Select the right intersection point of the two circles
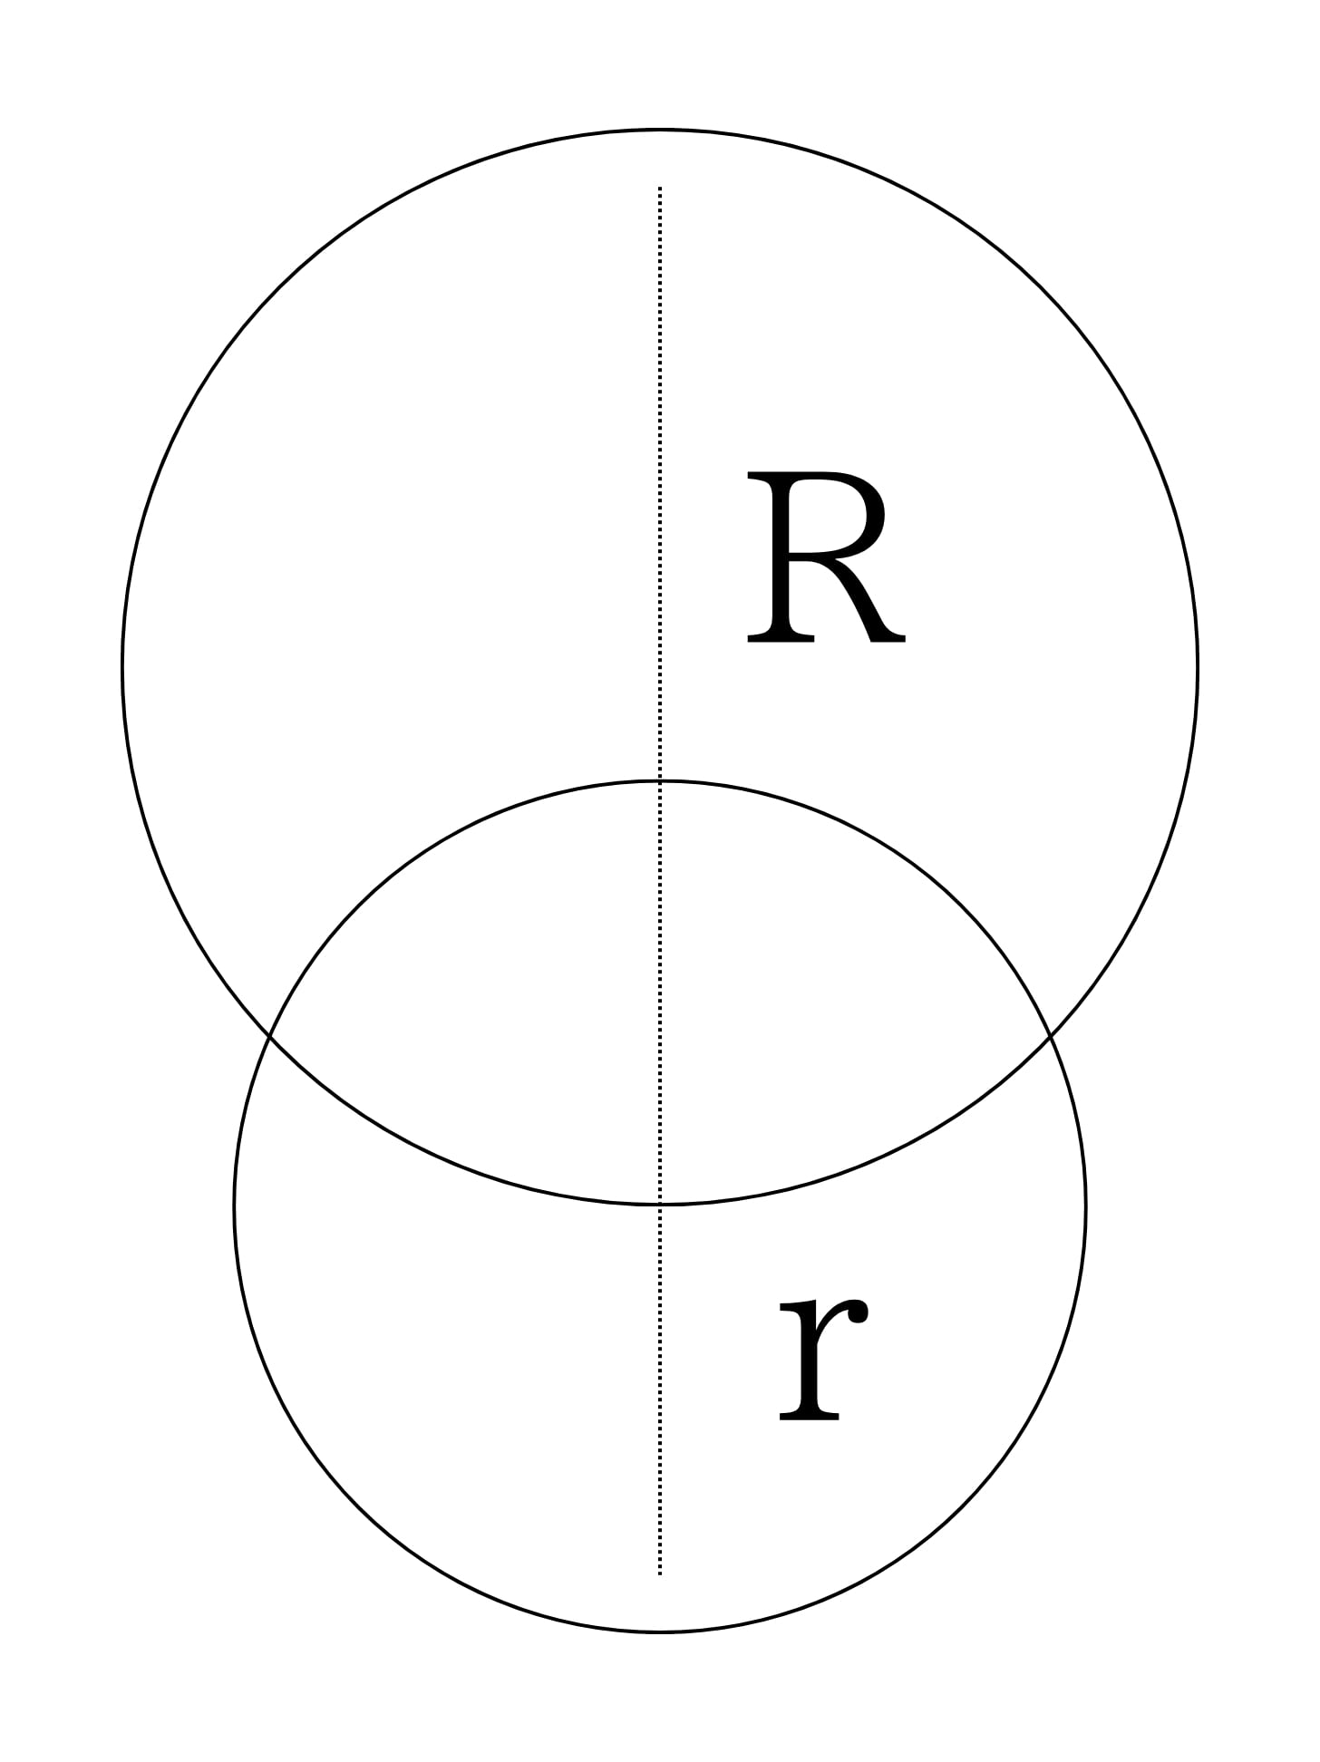(x=1050, y=1033)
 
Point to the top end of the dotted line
(x=660, y=188)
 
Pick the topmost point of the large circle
(x=660, y=131)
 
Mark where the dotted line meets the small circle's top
(x=660, y=780)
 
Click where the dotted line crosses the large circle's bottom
(x=660, y=1204)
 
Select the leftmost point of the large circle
(x=122, y=667)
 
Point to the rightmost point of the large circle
(x=1198, y=667)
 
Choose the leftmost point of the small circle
(x=235, y=1206)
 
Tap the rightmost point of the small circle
(x=1085, y=1206)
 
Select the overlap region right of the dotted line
(x=816, y=997)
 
